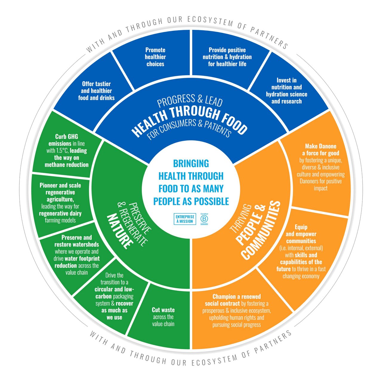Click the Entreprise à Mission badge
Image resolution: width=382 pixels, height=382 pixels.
pyautogui.click(x=185, y=219)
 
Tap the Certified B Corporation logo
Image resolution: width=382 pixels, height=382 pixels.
pyautogui.click(x=204, y=219)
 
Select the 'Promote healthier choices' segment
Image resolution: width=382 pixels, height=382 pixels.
pyautogui.click(x=155, y=57)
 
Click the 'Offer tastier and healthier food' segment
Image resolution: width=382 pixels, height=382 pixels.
pyautogui.click(x=96, y=91)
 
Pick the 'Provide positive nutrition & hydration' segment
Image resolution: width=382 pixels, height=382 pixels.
pyautogui.click(x=227, y=57)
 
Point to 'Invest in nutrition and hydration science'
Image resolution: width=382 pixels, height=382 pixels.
pyautogui.click(x=286, y=91)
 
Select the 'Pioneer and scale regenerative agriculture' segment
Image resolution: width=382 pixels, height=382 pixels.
pyautogui.click(x=60, y=203)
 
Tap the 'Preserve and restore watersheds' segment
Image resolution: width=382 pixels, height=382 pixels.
pyautogui.click(x=76, y=255)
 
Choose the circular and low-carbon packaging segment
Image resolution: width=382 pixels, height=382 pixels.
pyautogui.click(x=114, y=296)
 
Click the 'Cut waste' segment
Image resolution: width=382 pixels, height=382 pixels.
pyautogui.click(x=163, y=317)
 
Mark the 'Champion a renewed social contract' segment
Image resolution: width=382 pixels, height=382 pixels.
pyautogui.click(x=237, y=311)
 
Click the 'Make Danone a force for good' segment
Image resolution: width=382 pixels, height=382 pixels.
pyautogui.click(x=321, y=167)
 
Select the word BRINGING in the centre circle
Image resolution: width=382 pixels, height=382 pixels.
pyautogui.click(x=191, y=164)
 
